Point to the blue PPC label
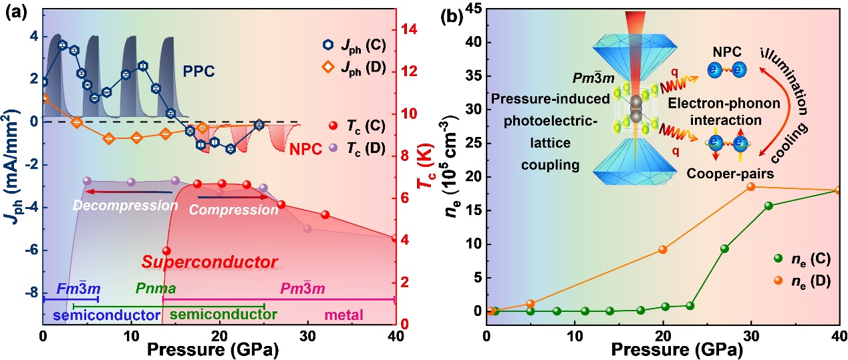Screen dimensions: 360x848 199,71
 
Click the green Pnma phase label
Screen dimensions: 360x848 154,289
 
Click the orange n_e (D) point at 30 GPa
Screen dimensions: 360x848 750,186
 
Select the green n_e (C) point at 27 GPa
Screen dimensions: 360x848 724,248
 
